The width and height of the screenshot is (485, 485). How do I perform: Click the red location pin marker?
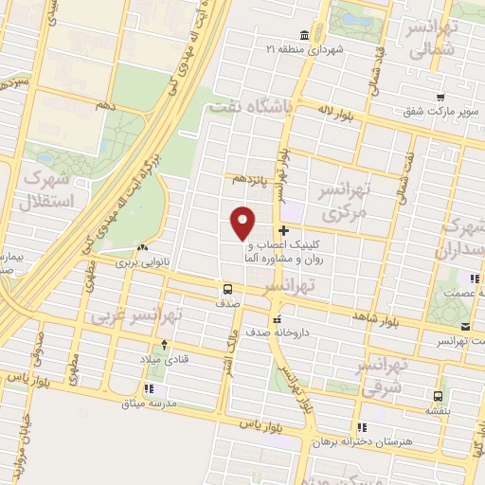pyautogui.click(x=243, y=223)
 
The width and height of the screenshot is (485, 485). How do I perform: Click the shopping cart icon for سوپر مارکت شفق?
pyautogui.click(x=440, y=96)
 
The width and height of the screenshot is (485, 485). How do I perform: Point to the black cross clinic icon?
pyautogui.click(x=284, y=231)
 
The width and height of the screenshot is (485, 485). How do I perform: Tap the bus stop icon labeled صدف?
pyautogui.click(x=227, y=288)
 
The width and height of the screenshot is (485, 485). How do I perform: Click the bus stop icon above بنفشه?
pyautogui.click(x=438, y=396)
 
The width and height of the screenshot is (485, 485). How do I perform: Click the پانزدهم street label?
pyautogui.click(x=253, y=177)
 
